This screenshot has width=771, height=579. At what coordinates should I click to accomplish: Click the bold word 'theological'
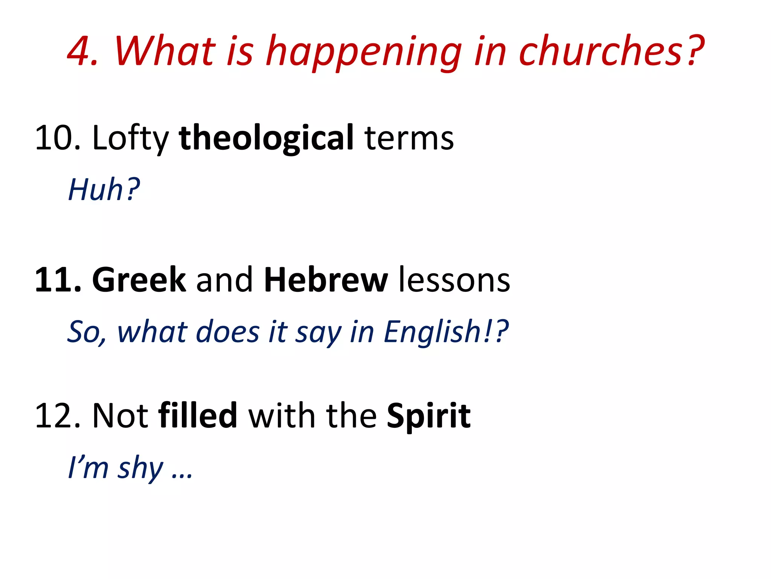click(266, 138)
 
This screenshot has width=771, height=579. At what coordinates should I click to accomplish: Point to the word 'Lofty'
click(130, 138)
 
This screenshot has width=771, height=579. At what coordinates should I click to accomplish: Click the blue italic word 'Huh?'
click(104, 189)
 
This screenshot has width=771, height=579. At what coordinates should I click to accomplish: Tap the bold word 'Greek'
click(139, 280)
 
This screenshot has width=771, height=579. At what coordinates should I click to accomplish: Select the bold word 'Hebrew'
click(326, 280)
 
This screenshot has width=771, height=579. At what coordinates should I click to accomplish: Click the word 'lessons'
click(454, 280)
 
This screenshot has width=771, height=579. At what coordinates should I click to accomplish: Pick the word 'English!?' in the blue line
click(446, 332)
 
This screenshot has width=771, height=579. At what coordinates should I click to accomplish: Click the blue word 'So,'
click(87, 332)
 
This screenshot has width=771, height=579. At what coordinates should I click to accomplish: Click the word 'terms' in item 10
click(409, 138)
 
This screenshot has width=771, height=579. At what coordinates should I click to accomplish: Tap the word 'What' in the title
click(165, 51)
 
